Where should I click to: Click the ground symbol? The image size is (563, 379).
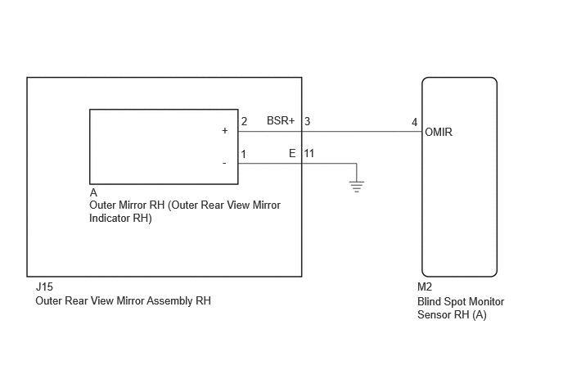point(357,187)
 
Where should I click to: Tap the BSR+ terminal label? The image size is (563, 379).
point(281,120)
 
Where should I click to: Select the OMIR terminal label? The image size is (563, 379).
point(439,133)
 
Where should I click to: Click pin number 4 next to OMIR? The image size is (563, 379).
point(414,123)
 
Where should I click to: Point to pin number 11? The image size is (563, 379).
point(309,153)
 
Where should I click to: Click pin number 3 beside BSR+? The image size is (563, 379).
point(308,121)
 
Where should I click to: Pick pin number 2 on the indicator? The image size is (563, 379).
point(244,121)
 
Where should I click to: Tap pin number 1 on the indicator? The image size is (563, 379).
point(243,154)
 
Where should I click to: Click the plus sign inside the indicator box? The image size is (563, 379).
point(225,130)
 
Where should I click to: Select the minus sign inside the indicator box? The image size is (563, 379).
point(224,164)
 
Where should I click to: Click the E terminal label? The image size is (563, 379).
point(292,153)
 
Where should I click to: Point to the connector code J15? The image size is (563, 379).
point(44,287)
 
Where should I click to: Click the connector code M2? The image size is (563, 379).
point(425,287)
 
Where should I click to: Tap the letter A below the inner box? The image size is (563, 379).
point(93,193)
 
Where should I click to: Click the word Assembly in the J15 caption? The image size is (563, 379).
point(169,301)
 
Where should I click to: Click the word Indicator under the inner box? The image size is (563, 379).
point(110,219)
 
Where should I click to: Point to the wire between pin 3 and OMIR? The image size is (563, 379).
point(362,132)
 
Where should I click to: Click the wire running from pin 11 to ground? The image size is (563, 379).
point(329,164)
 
